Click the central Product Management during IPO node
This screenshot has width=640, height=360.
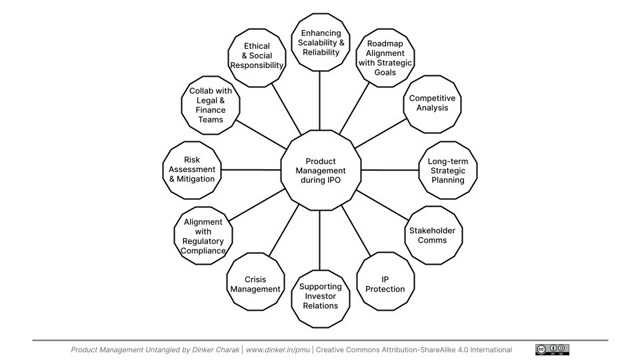(321, 171)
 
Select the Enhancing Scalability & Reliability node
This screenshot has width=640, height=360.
(321, 43)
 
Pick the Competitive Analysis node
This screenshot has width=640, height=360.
(432, 103)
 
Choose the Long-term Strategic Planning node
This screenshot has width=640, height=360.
(447, 171)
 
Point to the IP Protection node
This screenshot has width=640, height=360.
(385, 283)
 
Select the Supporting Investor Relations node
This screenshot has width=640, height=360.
(321, 296)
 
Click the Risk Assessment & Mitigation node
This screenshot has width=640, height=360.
(191, 169)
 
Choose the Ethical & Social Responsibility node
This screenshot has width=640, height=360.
(257, 56)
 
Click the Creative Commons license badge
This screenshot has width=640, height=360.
(552, 349)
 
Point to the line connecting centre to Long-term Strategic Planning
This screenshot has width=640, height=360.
(389, 170)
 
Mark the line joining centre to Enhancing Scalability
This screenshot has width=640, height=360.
(320, 100)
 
